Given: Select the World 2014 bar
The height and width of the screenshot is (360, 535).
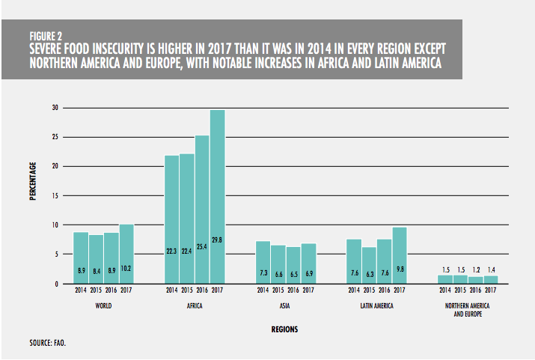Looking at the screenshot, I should pyautogui.click(x=82, y=257).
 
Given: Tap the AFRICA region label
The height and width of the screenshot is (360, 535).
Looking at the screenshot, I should pyautogui.click(x=195, y=306).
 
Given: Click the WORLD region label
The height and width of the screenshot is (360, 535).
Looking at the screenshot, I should pyautogui.click(x=103, y=306).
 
